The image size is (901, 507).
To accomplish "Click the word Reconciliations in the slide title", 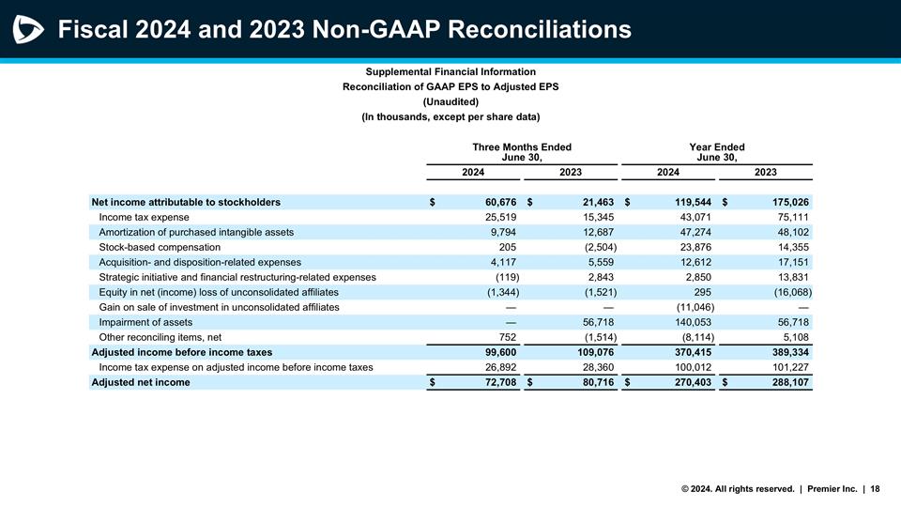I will coord(540,30).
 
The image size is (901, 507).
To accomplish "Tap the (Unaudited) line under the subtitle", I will coord(450,101).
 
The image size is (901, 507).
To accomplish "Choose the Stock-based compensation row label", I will coord(159,247).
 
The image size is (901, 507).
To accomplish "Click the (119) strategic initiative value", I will coord(507,277).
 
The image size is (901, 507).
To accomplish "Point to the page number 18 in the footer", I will coord(875,488).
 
